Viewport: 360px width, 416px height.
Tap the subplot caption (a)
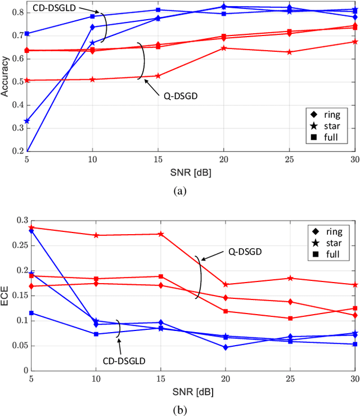(x=179, y=191)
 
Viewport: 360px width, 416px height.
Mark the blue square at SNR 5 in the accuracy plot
(x=27, y=34)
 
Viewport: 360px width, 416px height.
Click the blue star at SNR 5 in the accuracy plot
(x=27, y=121)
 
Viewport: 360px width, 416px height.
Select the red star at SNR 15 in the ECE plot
(x=160, y=234)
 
